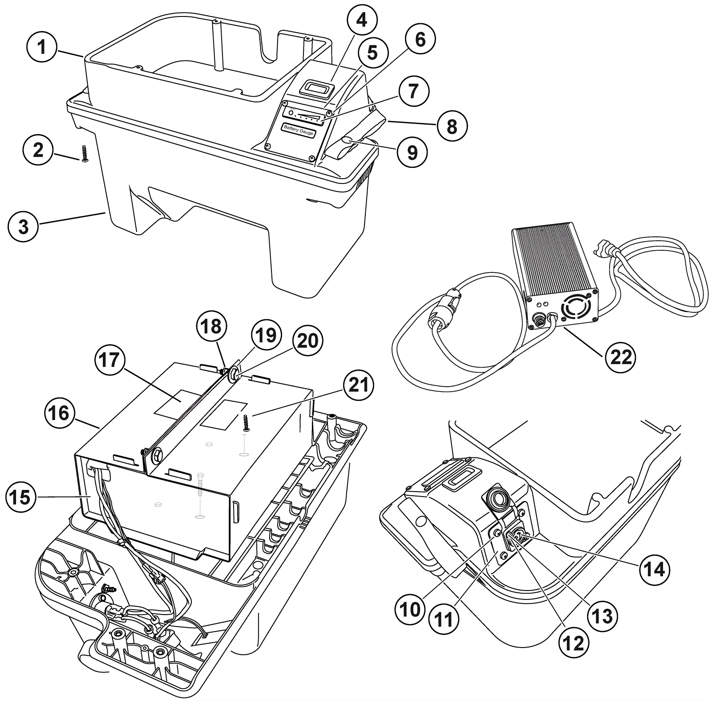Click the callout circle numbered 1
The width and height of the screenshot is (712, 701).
42,47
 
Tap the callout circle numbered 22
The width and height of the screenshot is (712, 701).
621,356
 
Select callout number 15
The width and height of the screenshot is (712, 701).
21,497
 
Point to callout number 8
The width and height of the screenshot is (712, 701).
452,126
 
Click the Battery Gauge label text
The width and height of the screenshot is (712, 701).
299,130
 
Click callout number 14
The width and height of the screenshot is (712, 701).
655,570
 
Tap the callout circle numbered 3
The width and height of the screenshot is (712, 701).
23,226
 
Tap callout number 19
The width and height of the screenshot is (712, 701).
266,335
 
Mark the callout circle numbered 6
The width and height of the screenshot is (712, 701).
420,39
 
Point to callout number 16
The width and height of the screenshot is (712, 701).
59,413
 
